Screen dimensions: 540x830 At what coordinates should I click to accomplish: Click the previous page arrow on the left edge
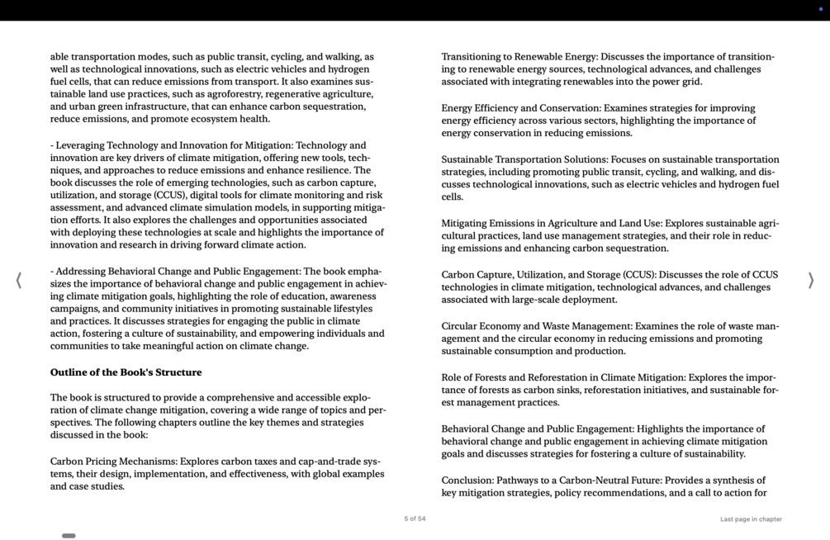pos(18,281)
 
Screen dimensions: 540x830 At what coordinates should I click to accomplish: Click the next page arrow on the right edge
pos(811,281)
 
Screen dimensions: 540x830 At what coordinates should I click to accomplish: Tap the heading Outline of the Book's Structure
pos(126,372)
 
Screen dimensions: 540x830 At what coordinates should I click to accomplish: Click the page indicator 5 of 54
pos(415,519)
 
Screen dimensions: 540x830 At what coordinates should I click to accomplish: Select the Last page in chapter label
pos(750,519)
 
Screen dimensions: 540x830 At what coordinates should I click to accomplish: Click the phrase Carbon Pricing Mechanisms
pos(113,462)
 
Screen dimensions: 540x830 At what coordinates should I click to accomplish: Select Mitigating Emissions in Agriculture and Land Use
pos(551,224)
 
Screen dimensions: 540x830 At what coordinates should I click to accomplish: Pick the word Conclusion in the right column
pos(467,481)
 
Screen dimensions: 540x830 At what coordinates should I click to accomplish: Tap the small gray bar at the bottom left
pos(69,536)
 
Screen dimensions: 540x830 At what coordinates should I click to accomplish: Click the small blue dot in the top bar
pos(820,9)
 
